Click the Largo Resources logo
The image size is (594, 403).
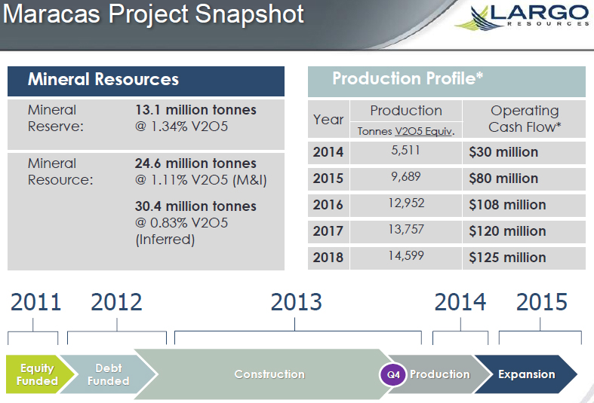click(x=523, y=17)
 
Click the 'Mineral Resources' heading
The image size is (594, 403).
click(x=103, y=79)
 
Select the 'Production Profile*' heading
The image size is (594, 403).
click(x=408, y=78)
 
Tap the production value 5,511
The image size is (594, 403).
click(x=405, y=151)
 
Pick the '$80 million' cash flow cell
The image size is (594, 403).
click(x=503, y=179)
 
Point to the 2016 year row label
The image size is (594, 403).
click(x=328, y=205)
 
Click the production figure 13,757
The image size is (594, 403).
click(x=406, y=230)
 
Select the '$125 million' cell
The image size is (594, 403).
click(x=507, y=258)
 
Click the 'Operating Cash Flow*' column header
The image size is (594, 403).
click(x=525, y=119)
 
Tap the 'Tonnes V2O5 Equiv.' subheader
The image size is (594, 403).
click(x=406, y=131)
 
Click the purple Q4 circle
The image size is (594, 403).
click(x=393, y=374)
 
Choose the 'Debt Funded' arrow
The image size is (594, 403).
click(x=108, y=374)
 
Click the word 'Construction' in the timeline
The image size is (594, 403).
click(x=269, y=374)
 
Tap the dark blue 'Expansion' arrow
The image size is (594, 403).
click(x=527, y=374)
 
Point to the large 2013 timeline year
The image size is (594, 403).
click(x=296, y=302)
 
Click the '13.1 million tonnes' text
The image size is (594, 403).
click(x=195, y=110)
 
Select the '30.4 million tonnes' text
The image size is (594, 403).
click(x=195, y=206)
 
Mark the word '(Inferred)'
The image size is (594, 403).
click(x=165, y=240)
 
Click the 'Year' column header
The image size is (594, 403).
click(x=328, y=120)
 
